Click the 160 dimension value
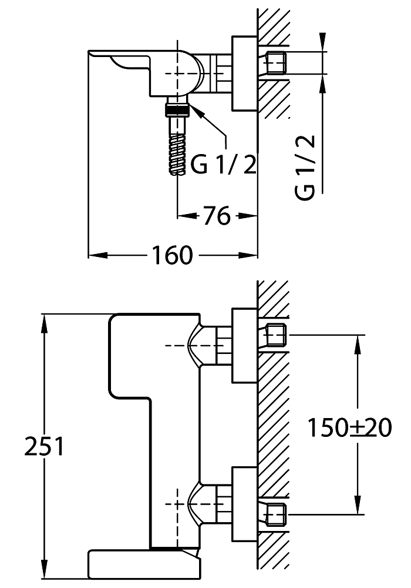click(171, 255)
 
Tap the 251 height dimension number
click(43, 446)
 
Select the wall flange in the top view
click(245, 73)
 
